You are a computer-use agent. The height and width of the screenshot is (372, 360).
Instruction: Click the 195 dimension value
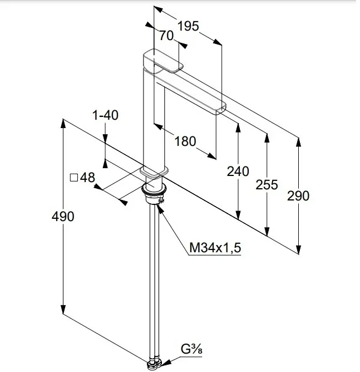point(189,26)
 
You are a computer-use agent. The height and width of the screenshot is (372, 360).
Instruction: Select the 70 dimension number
point(166,36)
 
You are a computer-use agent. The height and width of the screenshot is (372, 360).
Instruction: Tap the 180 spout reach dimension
point(185,141)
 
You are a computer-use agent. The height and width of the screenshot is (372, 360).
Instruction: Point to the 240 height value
point(238,172)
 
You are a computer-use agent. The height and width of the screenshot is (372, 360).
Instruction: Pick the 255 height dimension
point(267,184)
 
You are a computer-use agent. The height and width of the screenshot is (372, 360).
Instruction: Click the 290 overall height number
point(299,195)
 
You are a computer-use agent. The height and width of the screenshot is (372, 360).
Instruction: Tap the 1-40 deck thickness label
point(105,115)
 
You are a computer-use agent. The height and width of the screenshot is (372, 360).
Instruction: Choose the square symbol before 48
point(73,178)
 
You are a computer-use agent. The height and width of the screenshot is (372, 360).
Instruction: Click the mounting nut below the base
point(153,192)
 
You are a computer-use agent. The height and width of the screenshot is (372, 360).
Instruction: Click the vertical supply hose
point(154,278)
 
